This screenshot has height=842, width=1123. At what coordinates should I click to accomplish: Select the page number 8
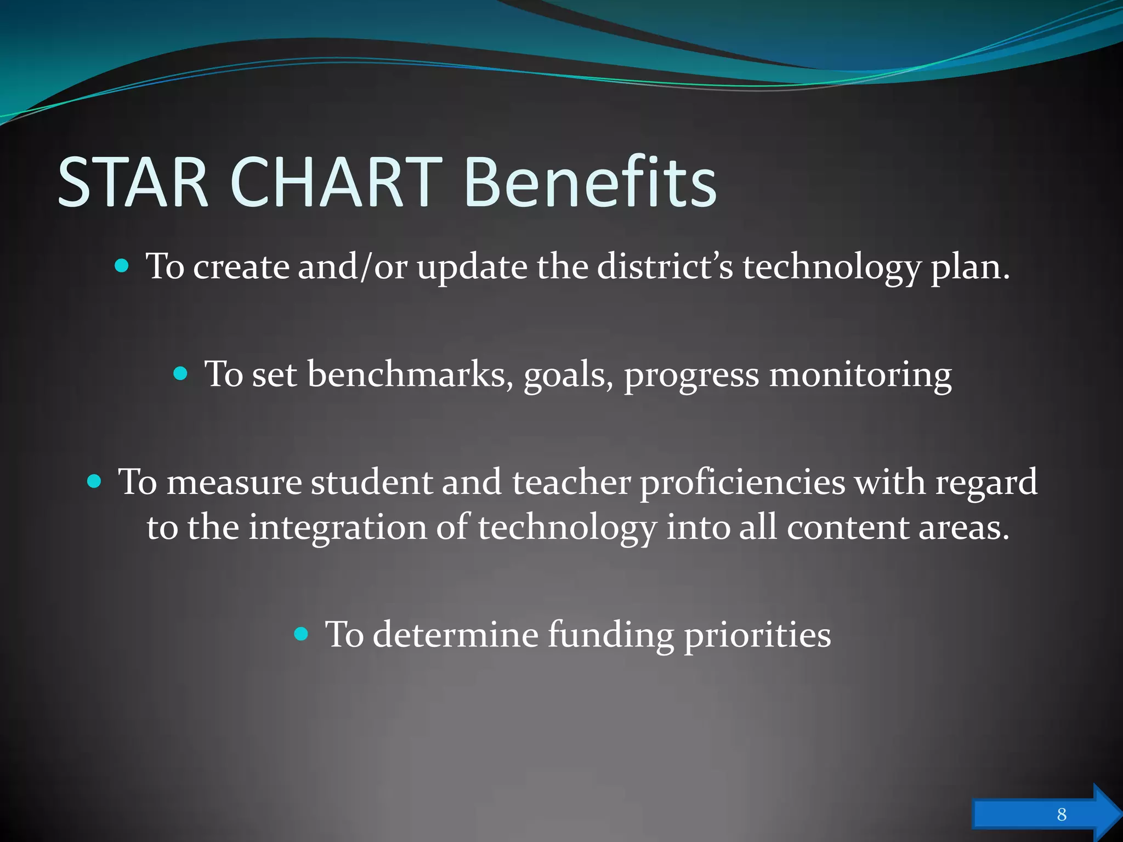(1062, 814)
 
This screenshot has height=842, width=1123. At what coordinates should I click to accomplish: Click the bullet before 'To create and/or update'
(122, 266)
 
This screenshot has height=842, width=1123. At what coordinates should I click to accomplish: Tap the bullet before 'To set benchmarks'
(180, 374)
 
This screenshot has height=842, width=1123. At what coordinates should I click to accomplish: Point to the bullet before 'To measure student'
(94, 481)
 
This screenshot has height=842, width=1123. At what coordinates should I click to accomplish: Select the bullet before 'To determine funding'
(302, 634)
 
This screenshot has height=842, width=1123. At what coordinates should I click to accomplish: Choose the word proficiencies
(742, 482)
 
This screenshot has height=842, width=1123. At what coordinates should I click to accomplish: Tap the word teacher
(571, 482)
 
